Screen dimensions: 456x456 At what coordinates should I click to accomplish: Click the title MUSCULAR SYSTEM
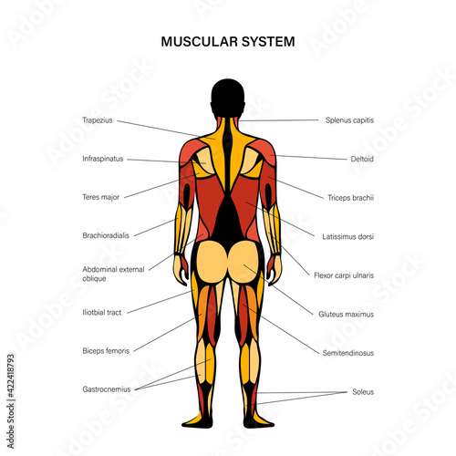(228, 42)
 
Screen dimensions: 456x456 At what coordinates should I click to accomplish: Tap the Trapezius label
(98, 120)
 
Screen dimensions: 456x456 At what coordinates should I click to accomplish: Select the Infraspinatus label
(103, 159)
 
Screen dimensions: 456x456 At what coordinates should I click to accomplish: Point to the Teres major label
(101, 197)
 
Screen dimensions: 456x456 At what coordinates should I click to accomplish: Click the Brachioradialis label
(106, 235)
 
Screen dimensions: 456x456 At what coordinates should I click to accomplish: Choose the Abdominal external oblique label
(113, 274)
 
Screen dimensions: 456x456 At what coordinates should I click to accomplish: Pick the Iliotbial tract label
(102, 313)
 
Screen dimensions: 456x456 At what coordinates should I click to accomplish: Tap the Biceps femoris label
(106, 351)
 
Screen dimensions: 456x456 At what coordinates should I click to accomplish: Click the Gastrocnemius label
(107, 389)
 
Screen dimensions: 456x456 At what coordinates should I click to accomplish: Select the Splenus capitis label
(349, 120)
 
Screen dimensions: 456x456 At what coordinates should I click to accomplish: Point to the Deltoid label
(362, 159)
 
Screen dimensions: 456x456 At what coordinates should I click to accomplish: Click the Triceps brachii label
(351, 198)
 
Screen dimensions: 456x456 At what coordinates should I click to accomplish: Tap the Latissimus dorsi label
(348, 236)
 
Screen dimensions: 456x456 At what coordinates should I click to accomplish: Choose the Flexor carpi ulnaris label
(344, 275)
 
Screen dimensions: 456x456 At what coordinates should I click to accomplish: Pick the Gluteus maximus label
(347, 314)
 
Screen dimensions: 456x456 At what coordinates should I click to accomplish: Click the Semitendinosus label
(348, 353)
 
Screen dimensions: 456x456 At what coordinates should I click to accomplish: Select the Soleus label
(363, 392)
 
